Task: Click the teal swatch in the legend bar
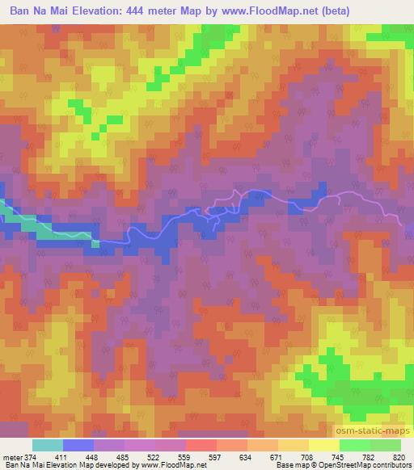[x=48, y=445]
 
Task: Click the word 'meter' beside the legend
[x=11, y=456]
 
